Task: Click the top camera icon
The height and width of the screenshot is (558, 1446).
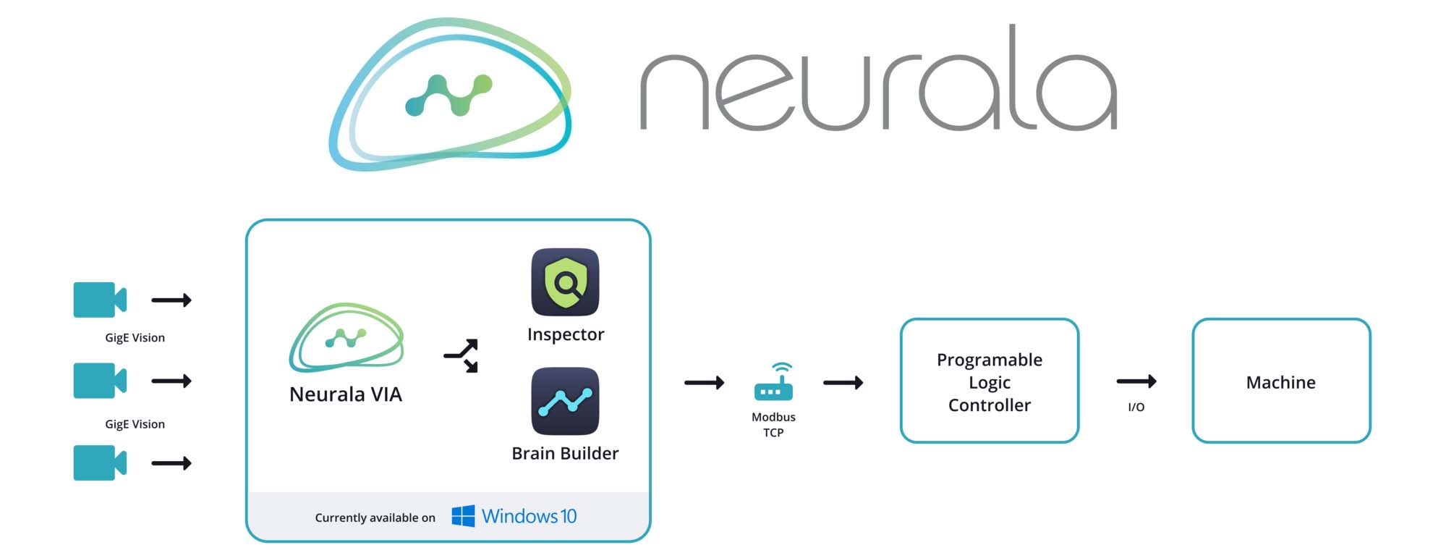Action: click(100, 300)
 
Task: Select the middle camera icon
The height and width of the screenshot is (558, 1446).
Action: click(100, 381)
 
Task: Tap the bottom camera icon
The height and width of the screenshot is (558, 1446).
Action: click(100, 462)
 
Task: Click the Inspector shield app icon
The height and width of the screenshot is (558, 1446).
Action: click(565, 282)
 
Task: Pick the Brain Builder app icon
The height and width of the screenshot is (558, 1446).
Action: click(565, 401)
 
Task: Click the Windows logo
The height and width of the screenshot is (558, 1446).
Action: click(463, 516)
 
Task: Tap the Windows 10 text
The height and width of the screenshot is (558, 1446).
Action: click(529, 516)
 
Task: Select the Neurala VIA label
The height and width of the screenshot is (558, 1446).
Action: click(346, 394)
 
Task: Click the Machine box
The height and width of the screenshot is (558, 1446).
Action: click(1280, 381)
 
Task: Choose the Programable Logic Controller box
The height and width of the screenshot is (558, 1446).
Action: click(989, 381)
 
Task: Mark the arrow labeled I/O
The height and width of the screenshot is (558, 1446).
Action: click(1136, 381)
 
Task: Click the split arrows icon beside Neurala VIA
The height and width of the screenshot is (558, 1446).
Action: click(462, 355)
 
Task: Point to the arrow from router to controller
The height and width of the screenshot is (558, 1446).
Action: click(843, 382)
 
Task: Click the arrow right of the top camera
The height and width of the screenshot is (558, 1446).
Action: click(171, 300)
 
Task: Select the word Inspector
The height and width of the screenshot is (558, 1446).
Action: click(565, 334)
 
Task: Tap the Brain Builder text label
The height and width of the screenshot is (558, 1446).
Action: click(565, 454)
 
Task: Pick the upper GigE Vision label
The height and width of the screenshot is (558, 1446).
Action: click(135, 338)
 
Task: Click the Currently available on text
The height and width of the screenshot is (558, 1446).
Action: click(375, 517)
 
